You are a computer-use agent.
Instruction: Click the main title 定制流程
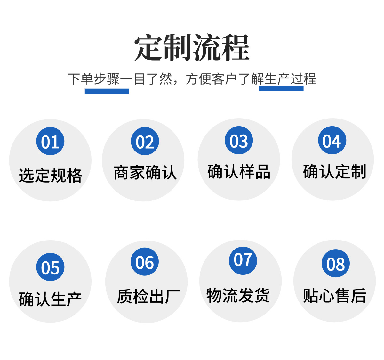pos(192,48)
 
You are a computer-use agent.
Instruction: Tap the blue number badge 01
pos(50,141)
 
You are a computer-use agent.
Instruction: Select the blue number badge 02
pos(145,141)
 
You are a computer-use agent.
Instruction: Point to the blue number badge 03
pos(239,141)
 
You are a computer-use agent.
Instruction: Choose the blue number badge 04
pos(332,141)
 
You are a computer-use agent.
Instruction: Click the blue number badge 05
pos(50,267)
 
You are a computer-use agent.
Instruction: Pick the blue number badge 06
pos(145,262)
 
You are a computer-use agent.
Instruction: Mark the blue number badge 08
pos(336,263)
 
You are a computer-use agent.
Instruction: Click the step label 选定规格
pos(50,176)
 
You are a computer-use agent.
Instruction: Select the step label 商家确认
pos(145,173)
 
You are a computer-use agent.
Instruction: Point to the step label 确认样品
pos(239,171)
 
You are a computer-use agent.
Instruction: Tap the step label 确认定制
pos(334,171)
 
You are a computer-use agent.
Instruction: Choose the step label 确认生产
pos(50,299)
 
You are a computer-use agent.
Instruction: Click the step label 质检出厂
pos(148,296)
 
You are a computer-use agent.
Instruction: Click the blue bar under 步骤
pos(107,91)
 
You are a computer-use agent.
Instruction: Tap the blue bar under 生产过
pos(281,89)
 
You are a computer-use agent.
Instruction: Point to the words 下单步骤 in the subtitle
pos(94,79)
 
